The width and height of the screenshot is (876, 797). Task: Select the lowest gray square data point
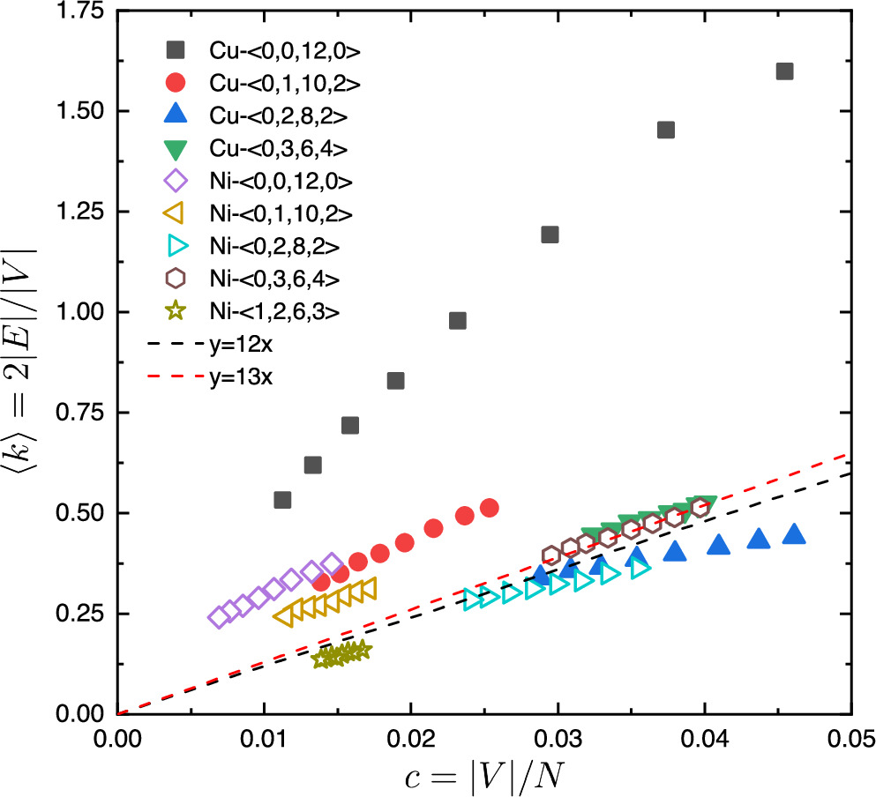282,500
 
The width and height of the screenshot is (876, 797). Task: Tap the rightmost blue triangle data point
794,533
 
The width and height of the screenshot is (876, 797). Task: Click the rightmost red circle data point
490,508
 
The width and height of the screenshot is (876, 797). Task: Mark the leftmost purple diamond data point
218,617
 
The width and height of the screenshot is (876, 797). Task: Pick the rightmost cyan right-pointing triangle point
640,569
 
